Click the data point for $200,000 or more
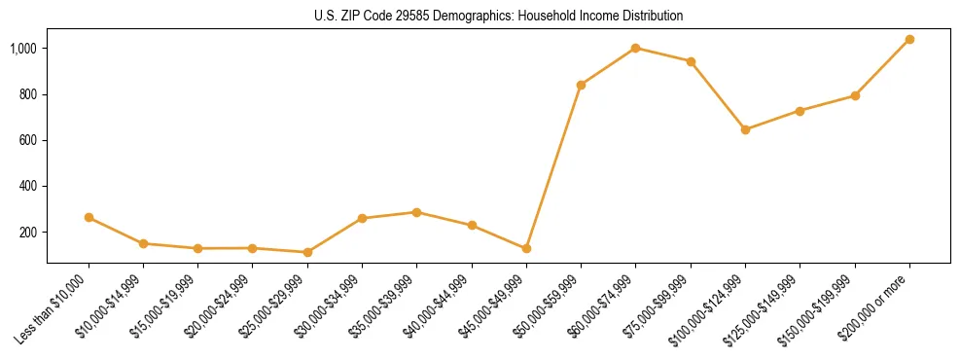[x=909, y=40]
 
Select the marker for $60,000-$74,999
[x=636, y=48]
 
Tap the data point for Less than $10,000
[x=89, y=218]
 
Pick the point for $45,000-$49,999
[x=526, y=249]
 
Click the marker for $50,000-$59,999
[x=581, y=85]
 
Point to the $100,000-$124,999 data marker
[x=745, y=129]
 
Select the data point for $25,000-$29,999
[x=307, y=252]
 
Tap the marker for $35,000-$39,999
[x=417, y=212]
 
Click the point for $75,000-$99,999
[x=691, y=61]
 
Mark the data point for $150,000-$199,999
[x=855, y=95]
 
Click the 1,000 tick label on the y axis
[x=23, y=49]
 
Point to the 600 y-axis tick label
[x=29, y=140]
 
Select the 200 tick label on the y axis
[x=29, y=233]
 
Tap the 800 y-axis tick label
[x=29, y=94]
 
